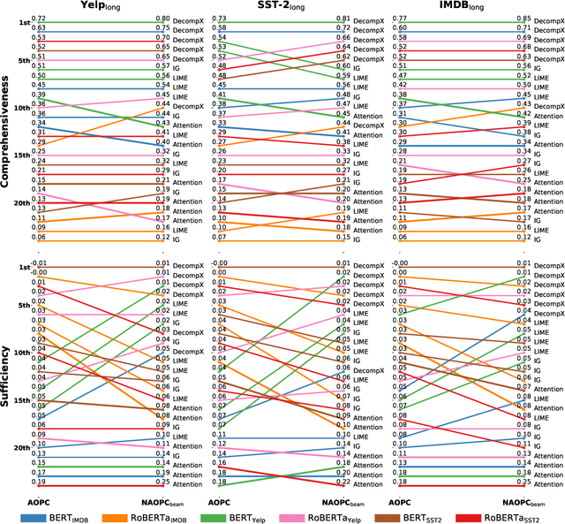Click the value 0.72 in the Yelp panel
(38, 19)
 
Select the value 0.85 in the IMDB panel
(524, 19)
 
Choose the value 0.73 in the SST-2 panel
(220, 19)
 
